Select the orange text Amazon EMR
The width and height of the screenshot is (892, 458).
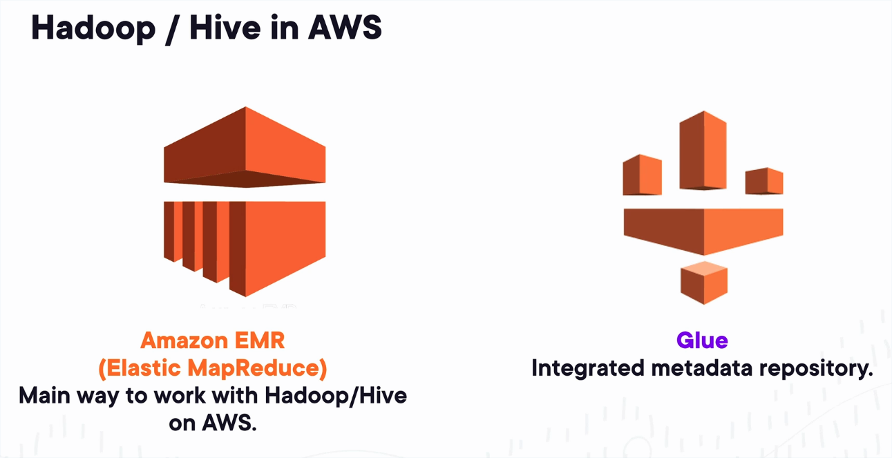(x=212, y=341)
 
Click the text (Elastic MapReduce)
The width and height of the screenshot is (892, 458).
(x=212, y=368)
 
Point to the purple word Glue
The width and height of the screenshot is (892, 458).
(x=702, y=341)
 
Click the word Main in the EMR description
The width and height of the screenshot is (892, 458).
(x=44, y=395)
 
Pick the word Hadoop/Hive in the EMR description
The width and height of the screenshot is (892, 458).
(x=336, y=395)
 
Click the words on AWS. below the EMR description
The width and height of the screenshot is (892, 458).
(x=212, y=422)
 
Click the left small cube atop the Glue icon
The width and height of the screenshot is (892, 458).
(x=642, y=175)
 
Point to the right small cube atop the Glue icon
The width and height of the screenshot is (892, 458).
(x=764, y=181)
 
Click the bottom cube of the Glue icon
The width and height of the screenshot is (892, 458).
(x=703, y=283)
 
